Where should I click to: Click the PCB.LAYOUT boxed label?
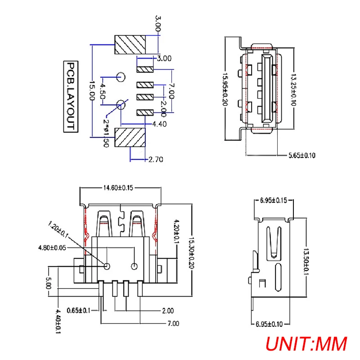[70, 96]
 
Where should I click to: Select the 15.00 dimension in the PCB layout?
[91, 90]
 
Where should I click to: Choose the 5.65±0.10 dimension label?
[302, 156]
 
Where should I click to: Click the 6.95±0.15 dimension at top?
[274, 200]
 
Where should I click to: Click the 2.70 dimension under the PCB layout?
[155, 159]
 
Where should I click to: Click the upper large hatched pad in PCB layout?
[131, 44]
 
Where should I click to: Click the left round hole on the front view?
[107, 265]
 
